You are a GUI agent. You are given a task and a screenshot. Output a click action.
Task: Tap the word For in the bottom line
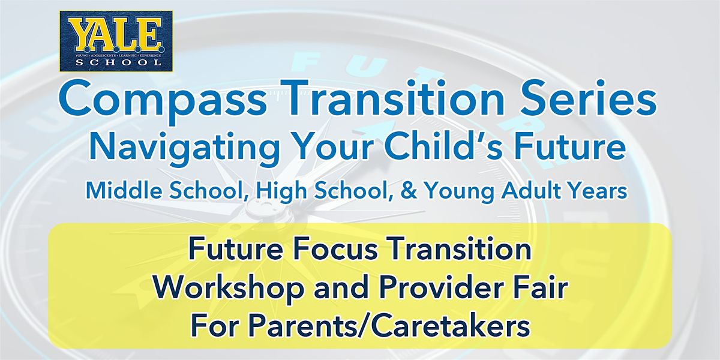pyautogui.click(x=211, y=327)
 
